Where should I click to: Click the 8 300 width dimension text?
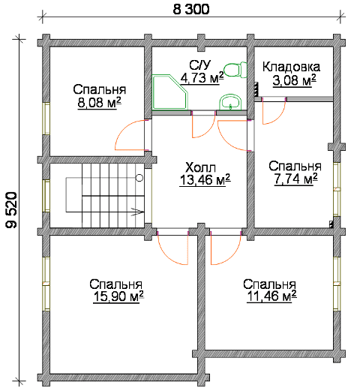(x=191, y=10)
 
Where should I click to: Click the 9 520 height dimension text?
(x=11, y=210)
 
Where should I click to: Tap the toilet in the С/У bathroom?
(x=235, y=70)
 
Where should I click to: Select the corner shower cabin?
(x=170, y=92)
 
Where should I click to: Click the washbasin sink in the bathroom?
(x=230, y=102)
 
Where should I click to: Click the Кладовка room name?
(x=291, y=67)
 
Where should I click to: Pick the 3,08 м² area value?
(x=294, y=80)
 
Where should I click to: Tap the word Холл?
(x=201, y=167)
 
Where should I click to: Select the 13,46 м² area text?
(x=205, y=179)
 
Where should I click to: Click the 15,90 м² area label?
(x=118, y=296)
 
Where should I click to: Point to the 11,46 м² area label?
(x=271, y=296)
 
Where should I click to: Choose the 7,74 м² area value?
(x=295, y=179)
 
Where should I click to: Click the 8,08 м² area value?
(x=99, y=103)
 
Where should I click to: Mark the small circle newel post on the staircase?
(x=139, y=178)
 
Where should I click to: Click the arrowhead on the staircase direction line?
(x=139, y=212)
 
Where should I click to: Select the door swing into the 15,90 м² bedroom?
(x=168, y=255)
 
